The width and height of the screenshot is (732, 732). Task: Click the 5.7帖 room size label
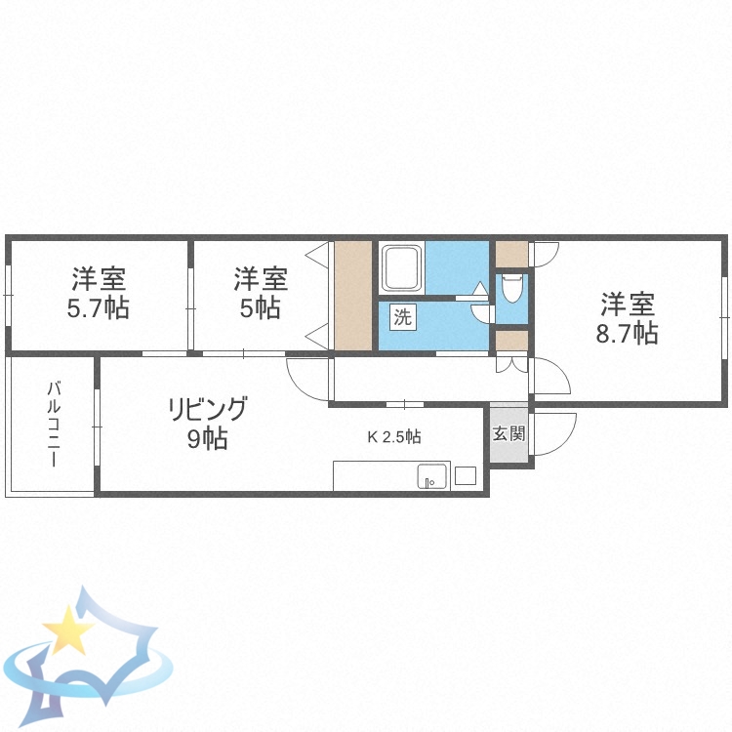click(98, 308)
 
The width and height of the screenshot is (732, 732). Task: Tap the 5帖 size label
click(261, 308)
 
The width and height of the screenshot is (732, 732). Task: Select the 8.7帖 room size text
click(627, 333)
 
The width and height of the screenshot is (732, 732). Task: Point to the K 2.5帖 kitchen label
click(394, 436)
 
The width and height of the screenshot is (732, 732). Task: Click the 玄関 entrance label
click(508, 433)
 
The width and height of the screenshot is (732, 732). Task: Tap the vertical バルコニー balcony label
click(53, 426)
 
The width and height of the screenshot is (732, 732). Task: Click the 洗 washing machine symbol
click(402, 316)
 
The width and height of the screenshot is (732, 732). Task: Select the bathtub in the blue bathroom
click(402, 267)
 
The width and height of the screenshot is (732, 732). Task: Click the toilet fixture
click(511, 289)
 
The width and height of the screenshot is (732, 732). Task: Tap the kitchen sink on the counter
click(431, 476)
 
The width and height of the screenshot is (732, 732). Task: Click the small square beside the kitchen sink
click(465, 476)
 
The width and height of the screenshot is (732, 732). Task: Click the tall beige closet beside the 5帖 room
click(353, 295)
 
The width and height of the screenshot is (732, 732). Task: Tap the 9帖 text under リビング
click(208, 439)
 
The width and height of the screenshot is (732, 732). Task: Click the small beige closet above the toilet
click(510, 254)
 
